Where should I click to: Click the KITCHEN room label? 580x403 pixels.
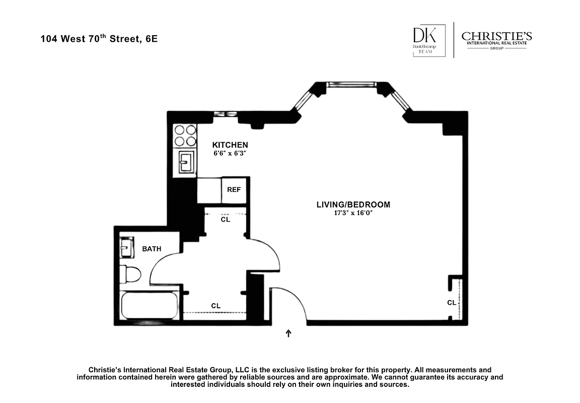pos(230,145)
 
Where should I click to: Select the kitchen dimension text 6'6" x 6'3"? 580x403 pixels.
pos(230,153)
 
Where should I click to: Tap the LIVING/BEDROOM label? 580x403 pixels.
pos(353,205)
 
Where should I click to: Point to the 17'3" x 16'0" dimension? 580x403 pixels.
pos(353,213)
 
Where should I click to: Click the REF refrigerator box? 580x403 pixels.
pos(234,190)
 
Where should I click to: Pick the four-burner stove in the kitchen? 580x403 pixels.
pos(185,135)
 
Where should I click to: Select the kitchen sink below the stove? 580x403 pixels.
pos(185,163)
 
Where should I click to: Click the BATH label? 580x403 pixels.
pos(152,249)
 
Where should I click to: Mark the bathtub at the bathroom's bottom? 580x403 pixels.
pos(149,306)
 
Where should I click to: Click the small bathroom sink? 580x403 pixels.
pos(125,248)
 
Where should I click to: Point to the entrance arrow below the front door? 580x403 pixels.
pos(288,333)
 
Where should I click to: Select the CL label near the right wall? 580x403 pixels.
pos(451,303)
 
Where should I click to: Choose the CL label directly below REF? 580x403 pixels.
pos(226,220)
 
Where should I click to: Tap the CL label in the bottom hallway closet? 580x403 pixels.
pos(215,306)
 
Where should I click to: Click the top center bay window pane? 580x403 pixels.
pos(351,84)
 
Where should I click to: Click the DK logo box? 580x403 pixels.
pos(428,41)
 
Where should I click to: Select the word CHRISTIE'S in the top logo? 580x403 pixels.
pos(496,37)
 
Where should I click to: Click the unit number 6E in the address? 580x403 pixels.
pos(151,39)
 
